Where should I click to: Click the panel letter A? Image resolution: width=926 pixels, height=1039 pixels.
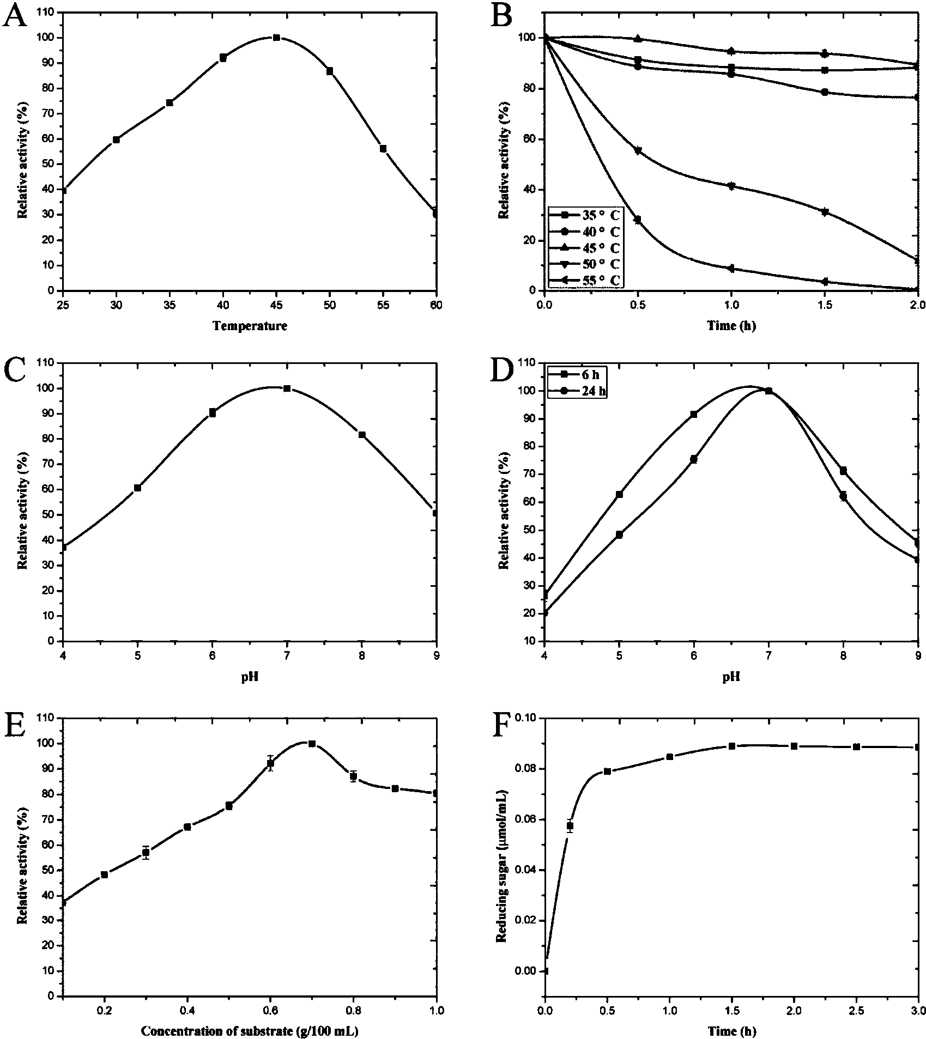[x=15, y=16]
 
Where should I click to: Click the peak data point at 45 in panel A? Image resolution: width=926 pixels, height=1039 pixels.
[x=276, y=38]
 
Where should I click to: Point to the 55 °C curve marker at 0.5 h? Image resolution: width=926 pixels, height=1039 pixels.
[x=637, y=220]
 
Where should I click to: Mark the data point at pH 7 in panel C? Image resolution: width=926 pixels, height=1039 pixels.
[x=287, y=388]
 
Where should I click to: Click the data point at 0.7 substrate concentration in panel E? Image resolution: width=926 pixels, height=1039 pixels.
[x=312, y=744]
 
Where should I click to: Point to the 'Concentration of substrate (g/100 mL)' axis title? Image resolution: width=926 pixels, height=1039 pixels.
[x=250, y=1030]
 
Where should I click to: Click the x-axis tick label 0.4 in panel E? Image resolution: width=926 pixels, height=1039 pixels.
[x=187, y=1010]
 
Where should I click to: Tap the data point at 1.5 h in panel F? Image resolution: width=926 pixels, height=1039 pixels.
[x=732, y=746]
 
